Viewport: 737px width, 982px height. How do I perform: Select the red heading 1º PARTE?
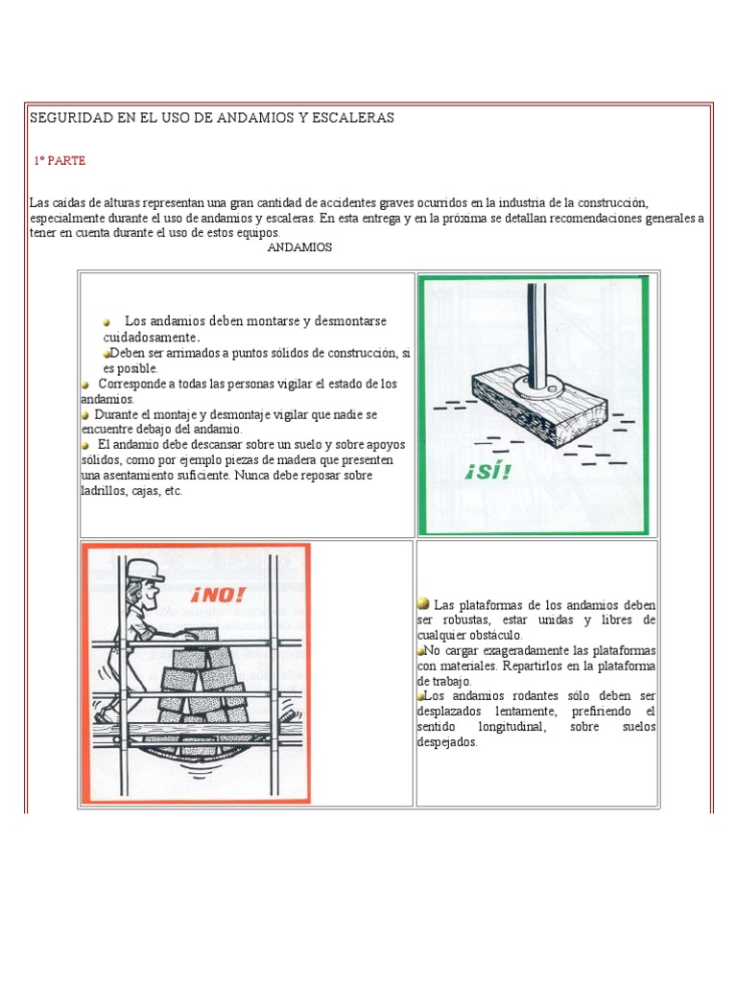(x=59, y=161)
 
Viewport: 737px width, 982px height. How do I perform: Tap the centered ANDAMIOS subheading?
(x=299, y=247)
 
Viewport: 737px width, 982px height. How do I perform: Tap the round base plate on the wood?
(x=538, y=383)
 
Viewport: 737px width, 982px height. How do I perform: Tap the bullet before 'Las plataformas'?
(x=423, y=604)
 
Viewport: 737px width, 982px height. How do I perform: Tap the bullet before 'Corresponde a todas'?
(x=86, y=384)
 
